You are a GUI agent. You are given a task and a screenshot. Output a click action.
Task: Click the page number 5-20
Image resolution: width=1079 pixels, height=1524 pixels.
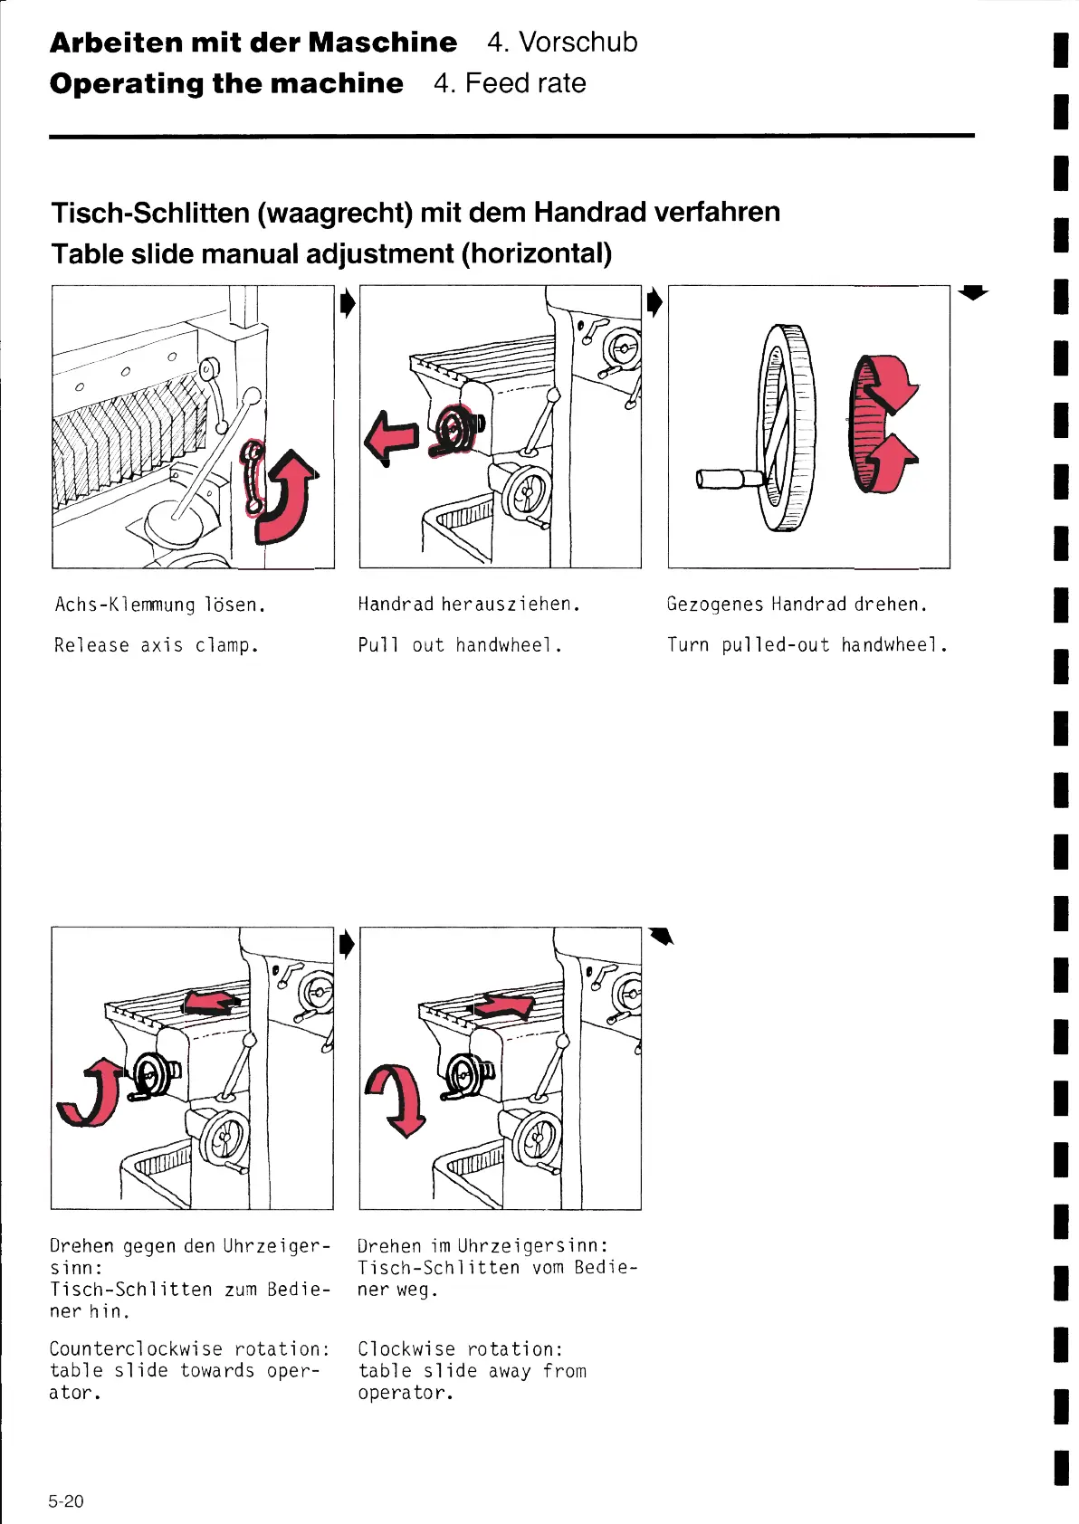click(x=66, y=1501)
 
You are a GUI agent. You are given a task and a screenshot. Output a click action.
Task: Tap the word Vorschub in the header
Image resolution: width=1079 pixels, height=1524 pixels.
click(x=578, y=43)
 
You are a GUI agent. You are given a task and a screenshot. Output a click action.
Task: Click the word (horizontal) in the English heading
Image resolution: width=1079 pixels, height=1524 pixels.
click(x=536, y=253)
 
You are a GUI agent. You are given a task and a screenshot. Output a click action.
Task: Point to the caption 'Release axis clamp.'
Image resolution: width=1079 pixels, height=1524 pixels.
click(x=157, y=645)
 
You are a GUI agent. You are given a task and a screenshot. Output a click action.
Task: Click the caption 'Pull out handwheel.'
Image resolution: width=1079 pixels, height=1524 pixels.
click(x=460, y=645)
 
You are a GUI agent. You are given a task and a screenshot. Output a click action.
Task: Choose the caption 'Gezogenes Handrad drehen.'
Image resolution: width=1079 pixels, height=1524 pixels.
click(x=797, y=605)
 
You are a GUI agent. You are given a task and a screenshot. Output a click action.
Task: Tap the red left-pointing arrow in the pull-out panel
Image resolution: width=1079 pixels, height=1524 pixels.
click(x=392, y=436)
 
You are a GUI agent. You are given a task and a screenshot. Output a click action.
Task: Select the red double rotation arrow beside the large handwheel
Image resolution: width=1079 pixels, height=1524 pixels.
click(x=883, y=424)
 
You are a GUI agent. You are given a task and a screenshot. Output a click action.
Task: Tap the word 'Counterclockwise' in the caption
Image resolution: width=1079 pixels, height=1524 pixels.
click(x=136, y=1349)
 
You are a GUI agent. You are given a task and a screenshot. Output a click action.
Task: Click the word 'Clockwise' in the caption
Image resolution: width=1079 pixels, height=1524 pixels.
click(x=407, y=1349)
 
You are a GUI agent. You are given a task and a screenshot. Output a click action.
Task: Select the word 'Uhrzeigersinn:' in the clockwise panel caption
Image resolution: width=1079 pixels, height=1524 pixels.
click(x=533, y=1246)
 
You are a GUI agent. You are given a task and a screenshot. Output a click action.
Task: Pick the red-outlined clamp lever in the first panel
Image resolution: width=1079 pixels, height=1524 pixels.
click(x=254, y=475)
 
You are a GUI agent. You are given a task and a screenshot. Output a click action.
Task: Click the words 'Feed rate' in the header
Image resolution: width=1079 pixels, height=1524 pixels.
click(x=525, y=83)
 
